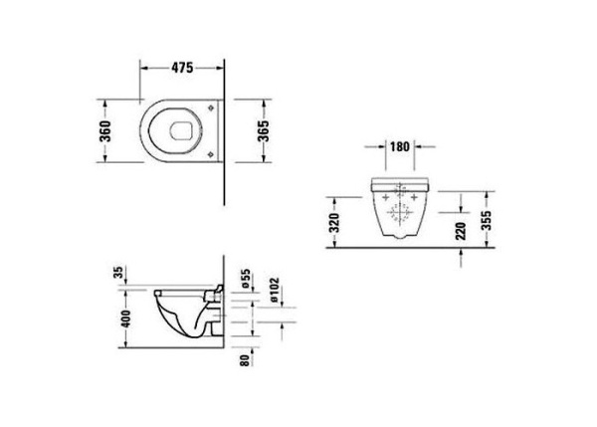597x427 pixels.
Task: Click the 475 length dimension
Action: tap(180, 68)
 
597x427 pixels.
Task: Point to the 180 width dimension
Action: tap(399, 147)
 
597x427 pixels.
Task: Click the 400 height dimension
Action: tap(125, 319)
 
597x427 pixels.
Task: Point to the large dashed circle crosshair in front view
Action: tap(399, 211)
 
